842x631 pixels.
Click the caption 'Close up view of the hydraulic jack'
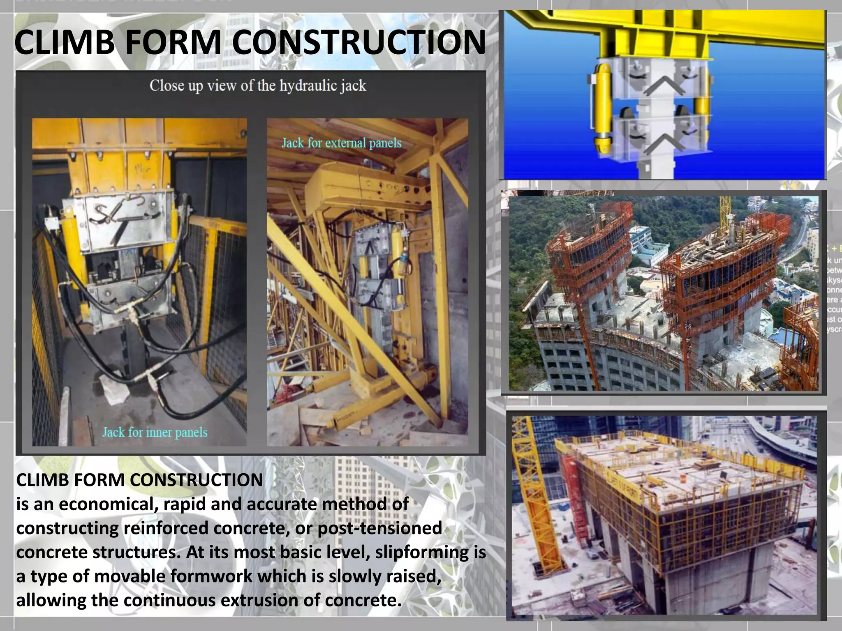point(257,86)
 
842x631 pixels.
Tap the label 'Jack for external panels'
point(341,143)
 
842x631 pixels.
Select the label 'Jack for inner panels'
point(155,432)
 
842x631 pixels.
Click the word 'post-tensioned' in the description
point(380,528)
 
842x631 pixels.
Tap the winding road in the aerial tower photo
point(798,238)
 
